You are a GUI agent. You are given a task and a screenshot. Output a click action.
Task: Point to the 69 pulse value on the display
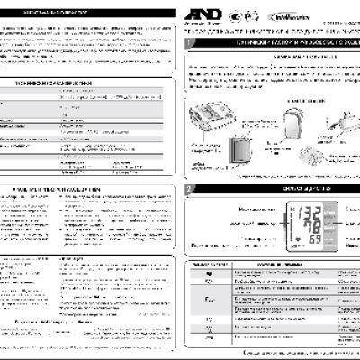click(315, 242)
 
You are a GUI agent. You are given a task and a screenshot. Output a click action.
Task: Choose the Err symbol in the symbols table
click(211, 297)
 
